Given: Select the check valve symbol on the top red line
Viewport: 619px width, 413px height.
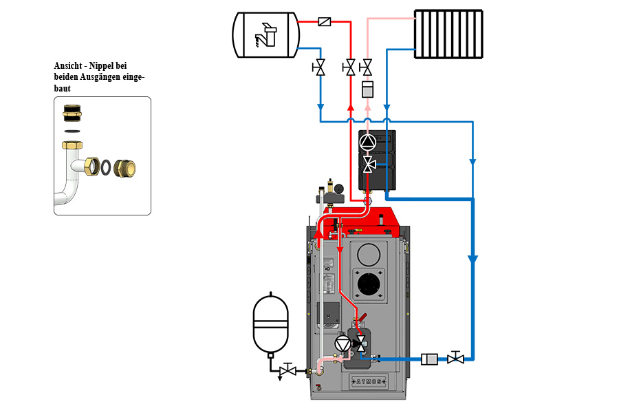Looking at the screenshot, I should [325, 22].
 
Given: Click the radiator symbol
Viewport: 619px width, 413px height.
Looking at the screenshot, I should [448, 33].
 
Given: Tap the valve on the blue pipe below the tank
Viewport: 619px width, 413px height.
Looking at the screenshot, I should [320, 67].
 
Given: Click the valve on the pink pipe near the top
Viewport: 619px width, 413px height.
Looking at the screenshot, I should [367, 67].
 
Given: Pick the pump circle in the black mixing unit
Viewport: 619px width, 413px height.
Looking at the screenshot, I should [369, 142].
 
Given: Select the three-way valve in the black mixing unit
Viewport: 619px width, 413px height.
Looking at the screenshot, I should [369, 164].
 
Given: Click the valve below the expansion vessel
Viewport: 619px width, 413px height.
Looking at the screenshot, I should [289, 371].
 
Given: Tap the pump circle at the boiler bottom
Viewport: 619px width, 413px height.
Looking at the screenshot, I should [342, 343].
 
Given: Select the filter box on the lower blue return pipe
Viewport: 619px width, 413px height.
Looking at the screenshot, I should [430, 358].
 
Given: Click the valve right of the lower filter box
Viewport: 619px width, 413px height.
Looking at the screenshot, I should [455, 358].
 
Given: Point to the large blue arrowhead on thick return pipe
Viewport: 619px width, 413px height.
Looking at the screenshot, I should [473, 260].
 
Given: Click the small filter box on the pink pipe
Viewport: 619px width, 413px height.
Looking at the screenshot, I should [367, 89].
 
